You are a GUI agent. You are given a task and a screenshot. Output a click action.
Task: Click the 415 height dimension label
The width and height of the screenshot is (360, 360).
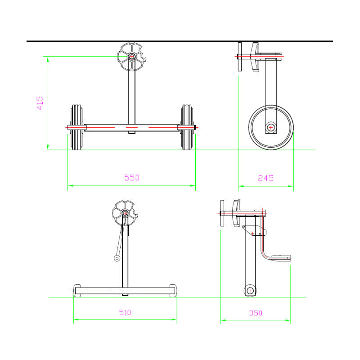(x=40, y=103)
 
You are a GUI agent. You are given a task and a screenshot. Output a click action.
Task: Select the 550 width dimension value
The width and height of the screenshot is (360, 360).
(x=132, y=178)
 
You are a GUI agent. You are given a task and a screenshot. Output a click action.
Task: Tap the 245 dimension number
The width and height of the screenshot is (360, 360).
(x=265, y=178)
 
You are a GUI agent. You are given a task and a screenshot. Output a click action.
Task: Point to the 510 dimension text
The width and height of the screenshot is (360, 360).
(x=125, y=312)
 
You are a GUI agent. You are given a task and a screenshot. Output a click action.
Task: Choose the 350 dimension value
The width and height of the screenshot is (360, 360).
(x=256, y=313)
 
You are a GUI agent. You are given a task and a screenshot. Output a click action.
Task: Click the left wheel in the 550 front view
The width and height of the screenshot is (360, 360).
(x=76, y=127)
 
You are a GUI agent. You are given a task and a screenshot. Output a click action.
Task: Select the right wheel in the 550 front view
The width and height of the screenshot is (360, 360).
(x=187, y=127)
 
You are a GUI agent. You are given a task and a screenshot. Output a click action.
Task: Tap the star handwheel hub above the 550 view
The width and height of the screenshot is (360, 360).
(x=131, y=57)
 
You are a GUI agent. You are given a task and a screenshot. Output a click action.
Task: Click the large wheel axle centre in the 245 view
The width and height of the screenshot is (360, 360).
(x=271, y=127)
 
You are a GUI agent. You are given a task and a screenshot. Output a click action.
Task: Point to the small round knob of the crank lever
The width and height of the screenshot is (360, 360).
(x=117, y=258)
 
